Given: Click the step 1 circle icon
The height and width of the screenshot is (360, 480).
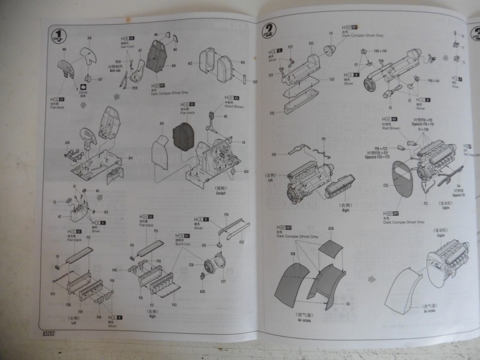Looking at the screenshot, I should pos(58,34).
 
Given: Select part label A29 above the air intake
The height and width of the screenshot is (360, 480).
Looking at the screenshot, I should pos(331,229).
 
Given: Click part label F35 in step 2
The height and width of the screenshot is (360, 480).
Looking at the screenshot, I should pos(272,112).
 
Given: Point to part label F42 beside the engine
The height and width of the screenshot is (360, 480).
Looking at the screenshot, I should pos(274,154).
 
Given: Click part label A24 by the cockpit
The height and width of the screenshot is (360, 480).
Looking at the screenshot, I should pos(246,172).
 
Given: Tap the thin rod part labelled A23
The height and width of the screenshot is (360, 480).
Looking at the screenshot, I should pos(247,77).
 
